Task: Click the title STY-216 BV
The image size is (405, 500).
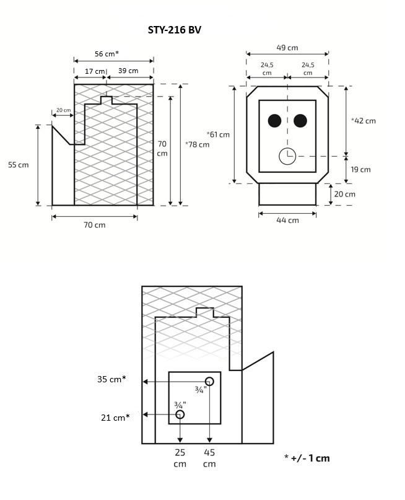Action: coord(174,29)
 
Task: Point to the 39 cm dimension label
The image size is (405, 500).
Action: coord(128,71)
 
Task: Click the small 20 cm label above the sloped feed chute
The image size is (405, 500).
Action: coord(63,110)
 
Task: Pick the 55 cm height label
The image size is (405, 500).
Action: coord(19,165)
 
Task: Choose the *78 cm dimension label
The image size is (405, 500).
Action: coord(198,144)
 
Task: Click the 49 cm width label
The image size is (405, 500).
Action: coord(287,47)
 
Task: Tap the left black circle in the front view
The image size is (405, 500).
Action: coord(274,120)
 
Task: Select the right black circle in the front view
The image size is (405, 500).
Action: coord(301,120)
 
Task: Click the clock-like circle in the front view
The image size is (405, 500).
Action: coord(287,156)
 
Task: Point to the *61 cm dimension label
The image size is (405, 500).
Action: coord(218,134)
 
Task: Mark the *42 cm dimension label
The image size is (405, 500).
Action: coord(363,121)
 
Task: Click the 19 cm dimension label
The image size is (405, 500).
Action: coord(361,170)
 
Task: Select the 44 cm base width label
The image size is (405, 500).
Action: coord(288,220)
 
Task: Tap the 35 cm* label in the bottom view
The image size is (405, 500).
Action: coord(111,379)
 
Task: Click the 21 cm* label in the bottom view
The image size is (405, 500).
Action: coord(115,417)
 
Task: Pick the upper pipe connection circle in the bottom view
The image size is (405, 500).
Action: coord(210,380)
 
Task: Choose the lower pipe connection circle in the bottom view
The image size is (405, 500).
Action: coord(180,414)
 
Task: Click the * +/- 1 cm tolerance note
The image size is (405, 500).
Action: coord(307,458)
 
